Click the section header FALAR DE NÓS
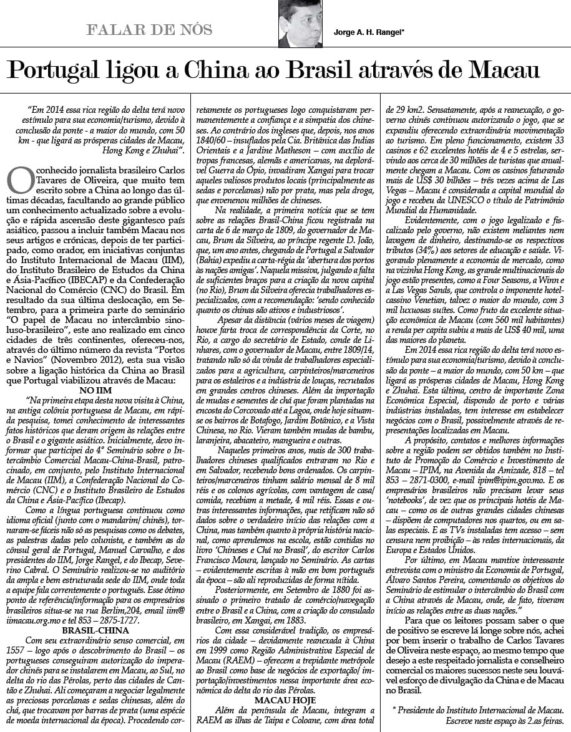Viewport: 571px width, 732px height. tap(150, 30)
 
